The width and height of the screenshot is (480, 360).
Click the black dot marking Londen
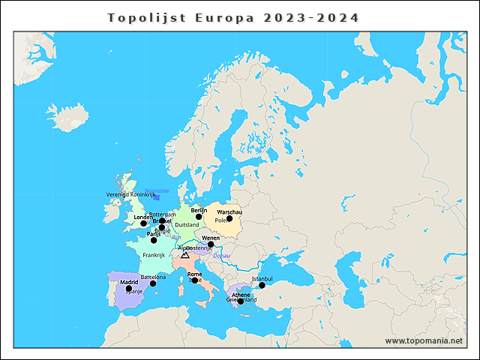(x=143, y=223)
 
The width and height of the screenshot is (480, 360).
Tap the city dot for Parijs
(x=154, y=240)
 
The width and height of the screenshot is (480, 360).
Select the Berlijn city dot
(x=199, y=217)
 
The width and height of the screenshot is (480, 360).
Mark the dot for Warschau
(x=229, y=219)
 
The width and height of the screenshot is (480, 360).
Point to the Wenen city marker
(x=211, y=244)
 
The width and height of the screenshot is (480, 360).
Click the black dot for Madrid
(x=128, y=288)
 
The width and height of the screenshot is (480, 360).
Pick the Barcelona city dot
(x=153, y=283)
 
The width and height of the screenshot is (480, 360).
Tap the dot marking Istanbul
(x=262, y=285)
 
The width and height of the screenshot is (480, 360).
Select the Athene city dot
(x=241, y=301)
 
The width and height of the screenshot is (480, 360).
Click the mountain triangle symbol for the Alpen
(x=185, y=255)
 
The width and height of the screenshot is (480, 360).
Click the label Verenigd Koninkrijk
(x=130, y=195)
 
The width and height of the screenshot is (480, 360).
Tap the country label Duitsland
(x=187, y=225)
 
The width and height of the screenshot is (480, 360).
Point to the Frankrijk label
(x=153, y=255)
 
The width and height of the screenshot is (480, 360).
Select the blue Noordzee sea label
(x=157, y=190)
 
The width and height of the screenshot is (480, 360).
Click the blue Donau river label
(x=222, y=256)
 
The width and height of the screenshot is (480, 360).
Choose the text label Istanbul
(x=262, y=278)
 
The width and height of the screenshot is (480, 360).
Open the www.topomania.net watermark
(x=424, y=340)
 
